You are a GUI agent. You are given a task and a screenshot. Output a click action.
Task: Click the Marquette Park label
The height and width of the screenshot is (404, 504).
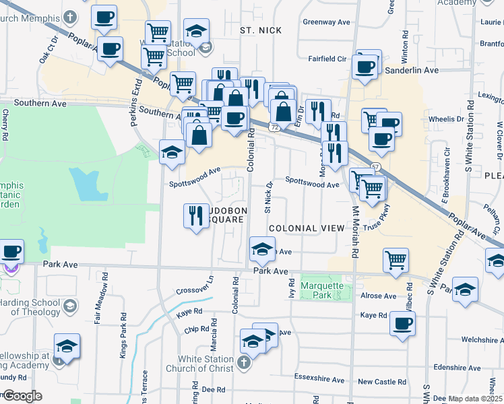(326, 290)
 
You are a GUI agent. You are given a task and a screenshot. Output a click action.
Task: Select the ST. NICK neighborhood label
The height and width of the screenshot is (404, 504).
(260, 30)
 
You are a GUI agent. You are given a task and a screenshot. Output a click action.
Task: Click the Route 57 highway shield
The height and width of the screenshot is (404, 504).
(375, 167)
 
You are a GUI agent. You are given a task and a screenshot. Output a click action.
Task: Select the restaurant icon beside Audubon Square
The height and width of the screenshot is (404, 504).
(196, 216)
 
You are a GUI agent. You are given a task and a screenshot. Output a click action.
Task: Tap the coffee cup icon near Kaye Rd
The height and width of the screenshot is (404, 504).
(402, 324)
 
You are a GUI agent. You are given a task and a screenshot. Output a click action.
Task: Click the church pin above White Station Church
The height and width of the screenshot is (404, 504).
(244, 362)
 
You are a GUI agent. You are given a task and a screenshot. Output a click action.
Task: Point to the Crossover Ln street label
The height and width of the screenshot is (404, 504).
(195, 285)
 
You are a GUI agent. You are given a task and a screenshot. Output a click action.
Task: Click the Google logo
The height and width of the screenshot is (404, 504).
(22, 396)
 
